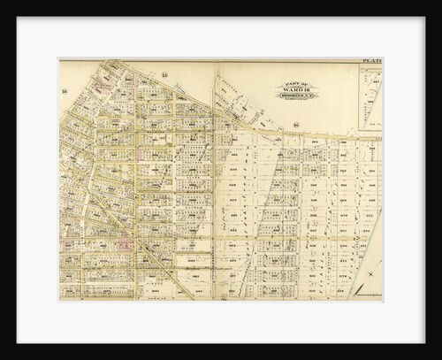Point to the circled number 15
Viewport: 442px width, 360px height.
coord(164,79)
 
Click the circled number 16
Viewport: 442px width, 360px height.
coord(65,92)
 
